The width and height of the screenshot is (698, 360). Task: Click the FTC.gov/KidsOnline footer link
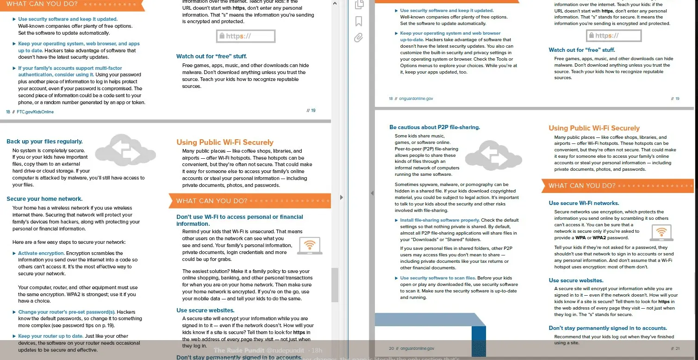point(35,112)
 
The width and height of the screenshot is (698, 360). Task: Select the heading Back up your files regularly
point(44,142)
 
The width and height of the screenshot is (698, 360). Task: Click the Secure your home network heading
point(44,199)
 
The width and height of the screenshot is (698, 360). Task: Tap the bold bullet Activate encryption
point(41,253)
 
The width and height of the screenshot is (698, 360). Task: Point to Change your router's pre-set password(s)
point(67,312)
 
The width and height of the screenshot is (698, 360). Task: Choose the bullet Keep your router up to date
point(50,336)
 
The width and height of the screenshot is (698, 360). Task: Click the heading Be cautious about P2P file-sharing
point(435,127)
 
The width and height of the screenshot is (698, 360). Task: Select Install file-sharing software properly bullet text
point(440,220)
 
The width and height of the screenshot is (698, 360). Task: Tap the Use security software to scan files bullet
point(437,278)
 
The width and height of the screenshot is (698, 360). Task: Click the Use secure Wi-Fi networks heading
point(584,203)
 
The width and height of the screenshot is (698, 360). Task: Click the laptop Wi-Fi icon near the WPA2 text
point(661,233)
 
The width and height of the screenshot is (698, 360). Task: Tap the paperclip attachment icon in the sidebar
point(359,37)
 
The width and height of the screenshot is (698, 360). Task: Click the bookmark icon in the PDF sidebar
point(359,21)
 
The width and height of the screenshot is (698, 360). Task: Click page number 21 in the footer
point(676,348)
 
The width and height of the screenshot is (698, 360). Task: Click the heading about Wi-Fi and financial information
point(239,220)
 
